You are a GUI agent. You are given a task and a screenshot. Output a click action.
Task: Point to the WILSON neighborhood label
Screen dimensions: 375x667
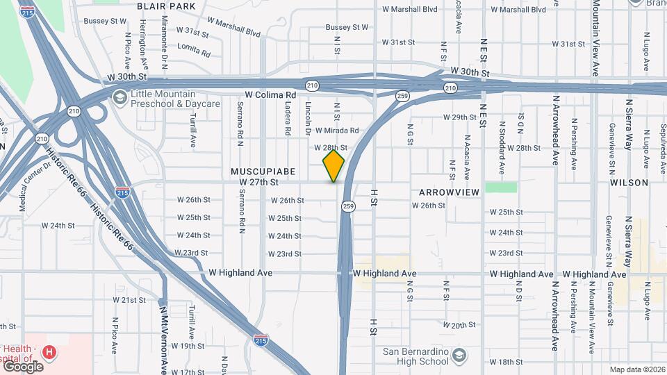pos(629,183)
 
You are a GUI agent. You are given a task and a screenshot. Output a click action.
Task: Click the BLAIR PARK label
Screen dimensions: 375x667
pos(166,6)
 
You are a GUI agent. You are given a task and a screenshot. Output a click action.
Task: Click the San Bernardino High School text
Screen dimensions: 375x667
pos(416,355)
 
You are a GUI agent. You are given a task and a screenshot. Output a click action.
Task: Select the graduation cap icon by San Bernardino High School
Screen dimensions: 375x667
pos(459,356)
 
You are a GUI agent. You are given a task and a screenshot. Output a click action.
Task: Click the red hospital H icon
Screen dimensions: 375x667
pos(49,353)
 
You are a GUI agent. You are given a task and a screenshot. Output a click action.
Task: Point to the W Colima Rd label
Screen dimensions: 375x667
pos(270,94)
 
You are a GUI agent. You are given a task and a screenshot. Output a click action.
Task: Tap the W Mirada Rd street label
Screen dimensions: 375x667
pos(337,131)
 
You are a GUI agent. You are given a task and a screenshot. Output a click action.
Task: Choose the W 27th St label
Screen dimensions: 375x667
pos(258,182)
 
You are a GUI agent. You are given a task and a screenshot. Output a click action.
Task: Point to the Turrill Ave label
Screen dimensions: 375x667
pos(192,130)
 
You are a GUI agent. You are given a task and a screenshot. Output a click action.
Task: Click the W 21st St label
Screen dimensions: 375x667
pos(129,300)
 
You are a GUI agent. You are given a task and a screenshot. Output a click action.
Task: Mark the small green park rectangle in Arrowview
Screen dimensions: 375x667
pos(501,187)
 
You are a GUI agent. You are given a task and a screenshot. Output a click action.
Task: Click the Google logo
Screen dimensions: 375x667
pos(22,366)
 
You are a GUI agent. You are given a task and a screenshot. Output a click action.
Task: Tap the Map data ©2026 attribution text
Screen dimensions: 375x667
pos(636,369)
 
